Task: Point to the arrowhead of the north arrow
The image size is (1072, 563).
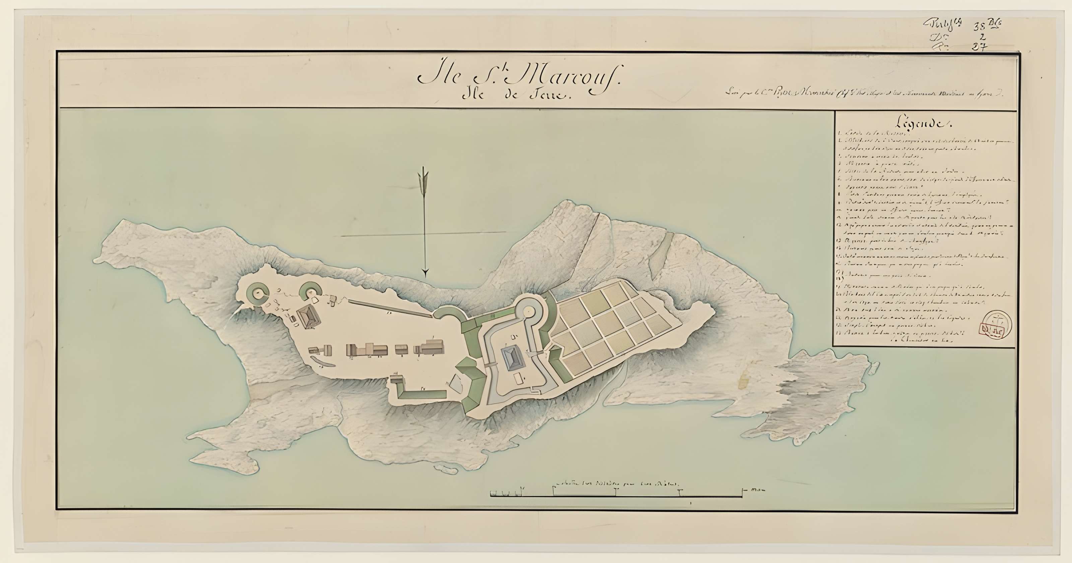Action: click(425, 273)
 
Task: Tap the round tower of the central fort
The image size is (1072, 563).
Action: click(529, 311)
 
